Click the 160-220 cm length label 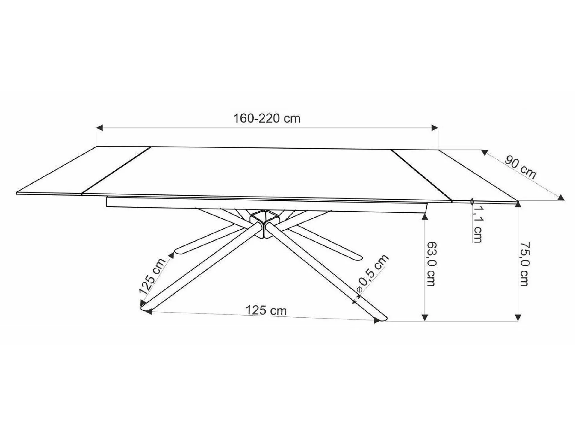tap(267, 118)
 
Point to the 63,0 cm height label tap(431, 263)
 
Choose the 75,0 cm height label tap(523, 263)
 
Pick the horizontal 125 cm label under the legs tap(266, 310)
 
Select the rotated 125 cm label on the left tap(152, 276)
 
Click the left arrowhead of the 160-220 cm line tap(99, 128)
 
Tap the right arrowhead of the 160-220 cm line tap(435, 128)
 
